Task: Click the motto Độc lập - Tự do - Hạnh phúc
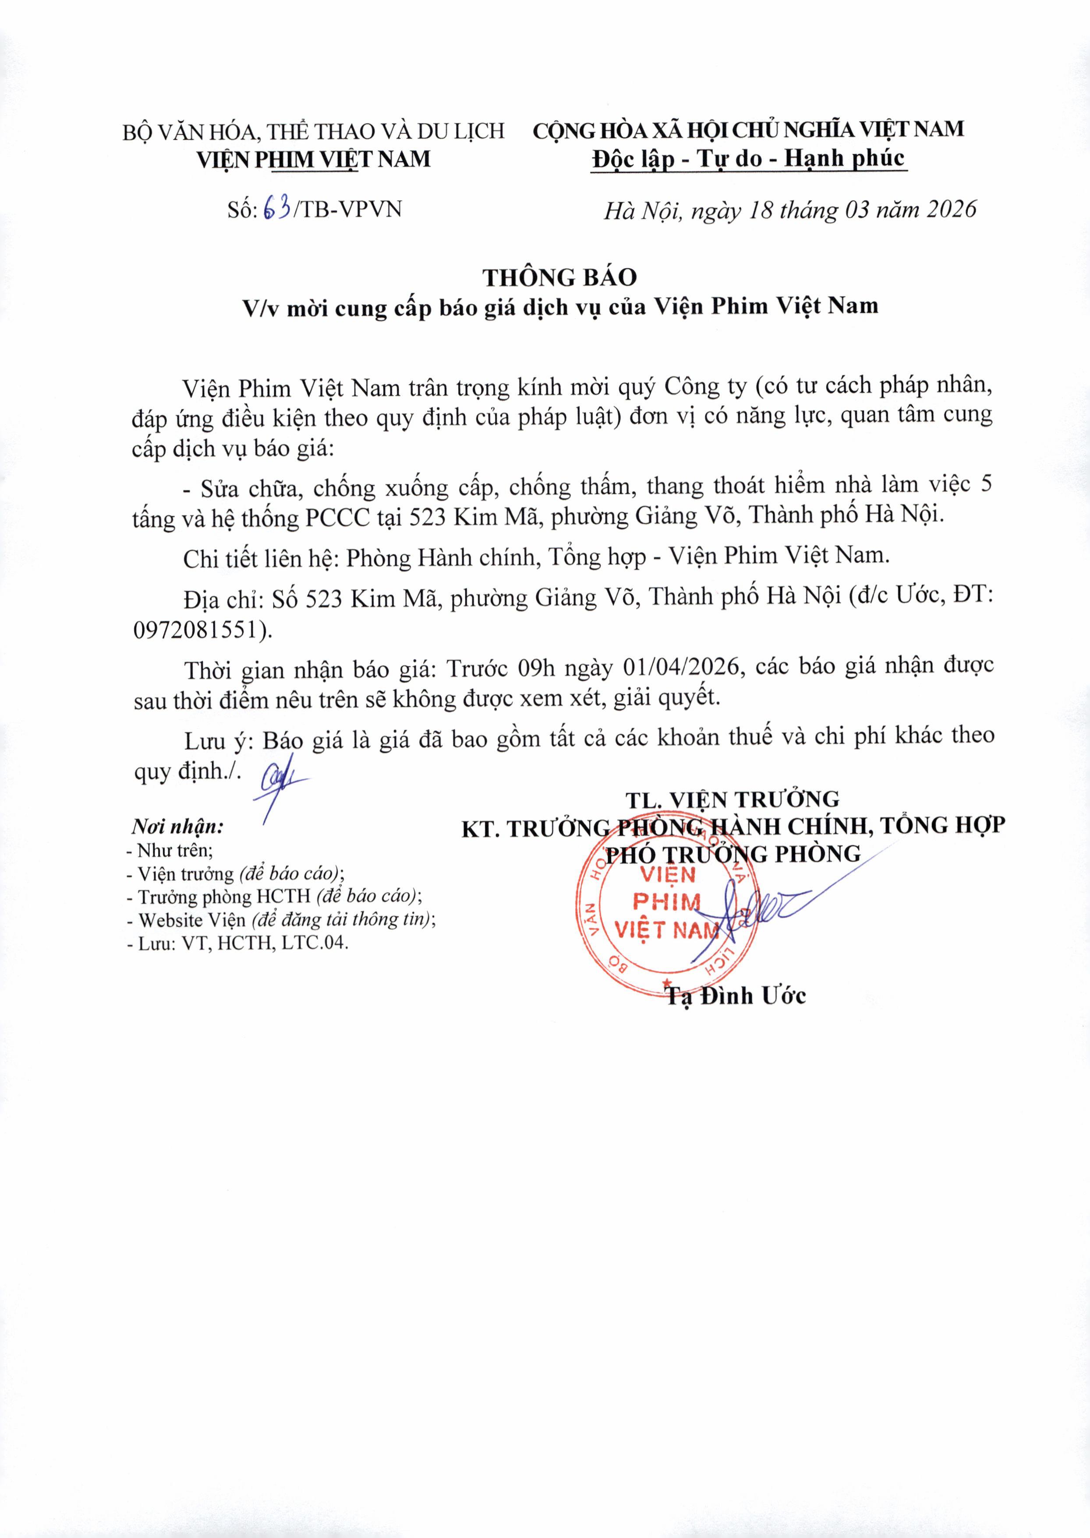(x=748, y=159)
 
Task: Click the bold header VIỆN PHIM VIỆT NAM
(x=313, y=159)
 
